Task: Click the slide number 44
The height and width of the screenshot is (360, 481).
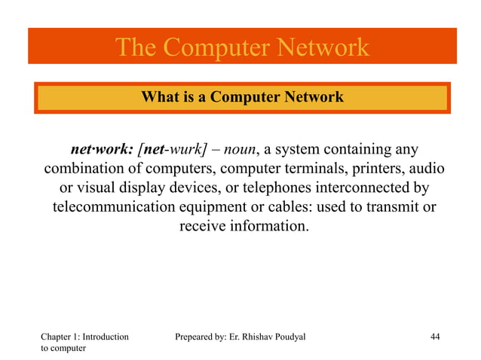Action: pos(434,337)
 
